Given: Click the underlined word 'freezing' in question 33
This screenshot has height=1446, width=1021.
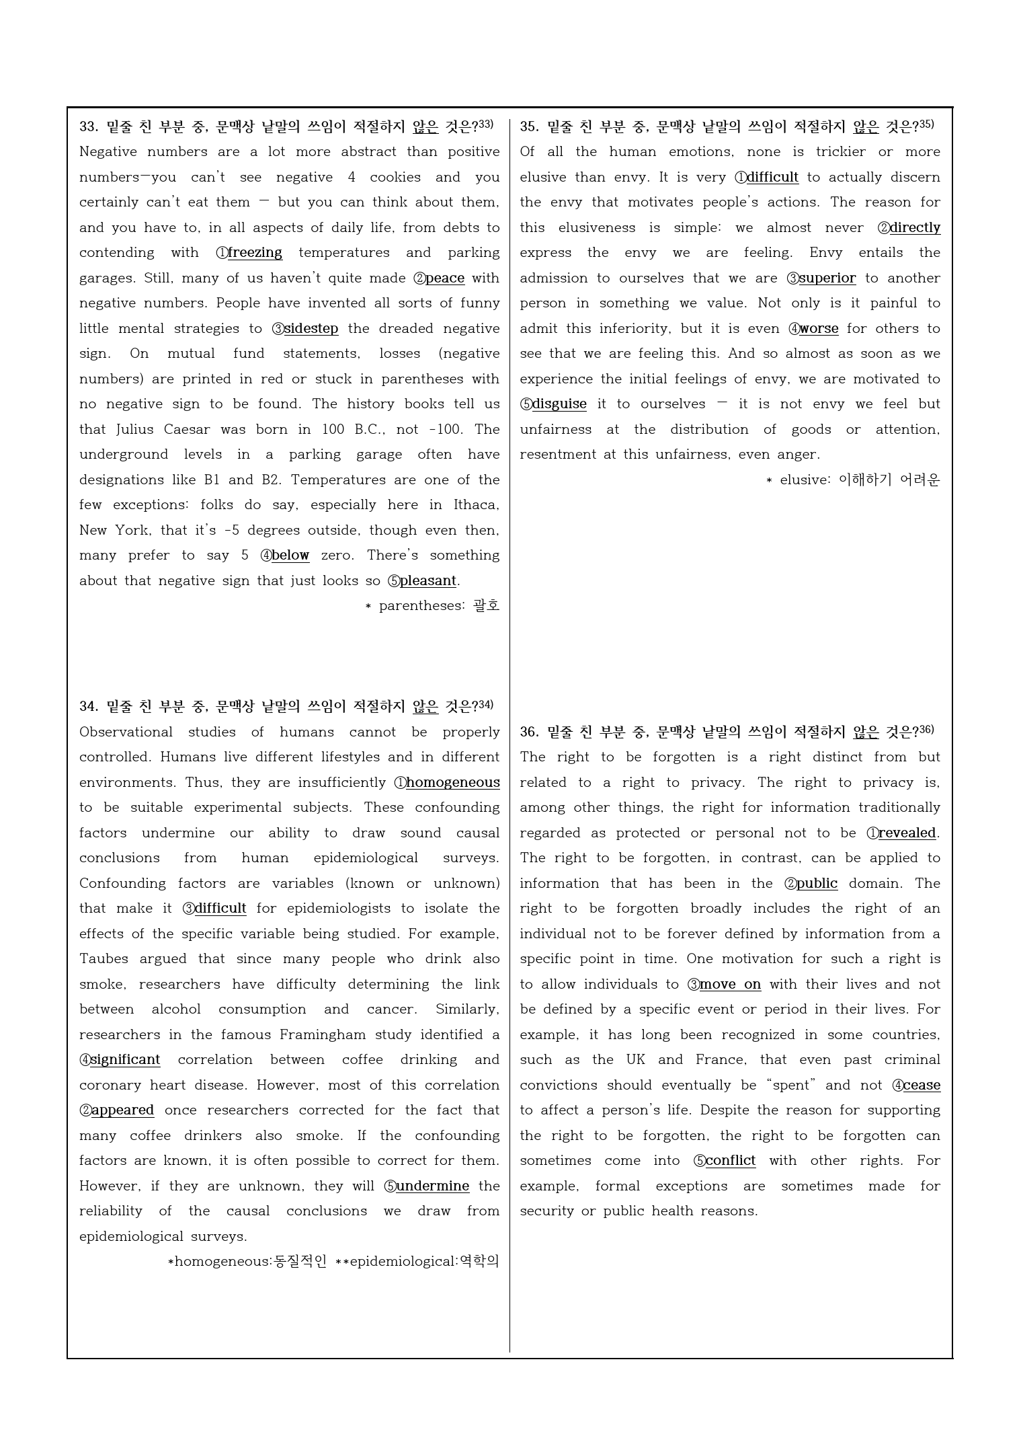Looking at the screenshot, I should tap(255, 253).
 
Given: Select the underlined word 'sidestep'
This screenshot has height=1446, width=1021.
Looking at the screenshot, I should tap(311, 329).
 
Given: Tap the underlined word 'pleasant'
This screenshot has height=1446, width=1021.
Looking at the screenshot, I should tap(427, 581).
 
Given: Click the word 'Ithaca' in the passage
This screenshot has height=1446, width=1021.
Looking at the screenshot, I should tap(475, 505).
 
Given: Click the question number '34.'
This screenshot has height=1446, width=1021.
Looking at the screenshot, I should tap(89, 706).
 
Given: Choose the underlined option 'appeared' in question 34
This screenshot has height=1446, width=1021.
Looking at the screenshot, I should tap(122, 1110).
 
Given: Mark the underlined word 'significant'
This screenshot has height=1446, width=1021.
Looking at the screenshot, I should tap(125, 1060).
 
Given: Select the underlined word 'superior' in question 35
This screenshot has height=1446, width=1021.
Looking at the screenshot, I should tap(827, 278).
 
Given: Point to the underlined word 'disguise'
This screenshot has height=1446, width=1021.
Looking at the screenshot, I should tap(559, 404).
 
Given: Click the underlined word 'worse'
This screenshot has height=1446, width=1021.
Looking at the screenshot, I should tap(819, 329).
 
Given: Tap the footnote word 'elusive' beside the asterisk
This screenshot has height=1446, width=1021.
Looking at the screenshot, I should tap(805, 480).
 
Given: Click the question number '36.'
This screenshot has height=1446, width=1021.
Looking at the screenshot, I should tap(529, 732).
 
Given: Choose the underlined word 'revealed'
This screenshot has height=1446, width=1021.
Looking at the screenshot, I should tap(907, 833).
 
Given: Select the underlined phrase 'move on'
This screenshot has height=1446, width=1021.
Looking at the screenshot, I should tap(730, 985).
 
